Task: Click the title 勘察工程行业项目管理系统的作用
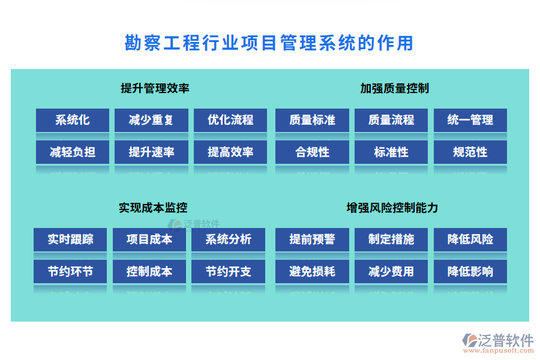[269, 43]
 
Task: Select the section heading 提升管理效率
[155, 89]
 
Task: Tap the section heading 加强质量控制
[394, 89]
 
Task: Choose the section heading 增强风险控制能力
[392, 208]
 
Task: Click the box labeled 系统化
[73, 120]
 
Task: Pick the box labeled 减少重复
[151, 120]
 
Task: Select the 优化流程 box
[230, 120]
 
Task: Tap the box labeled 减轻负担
[73, 152]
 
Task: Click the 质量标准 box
[312, 120]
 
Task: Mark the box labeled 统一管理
[470, 120]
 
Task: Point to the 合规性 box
[312, 152]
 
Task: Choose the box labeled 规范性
[470, 152]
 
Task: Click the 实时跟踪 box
[70, 239]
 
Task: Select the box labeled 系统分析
[228, 239]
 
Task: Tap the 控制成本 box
[149, 272]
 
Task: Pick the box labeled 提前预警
[312, 239]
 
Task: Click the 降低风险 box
[470, 239]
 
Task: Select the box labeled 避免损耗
[312, 272]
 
